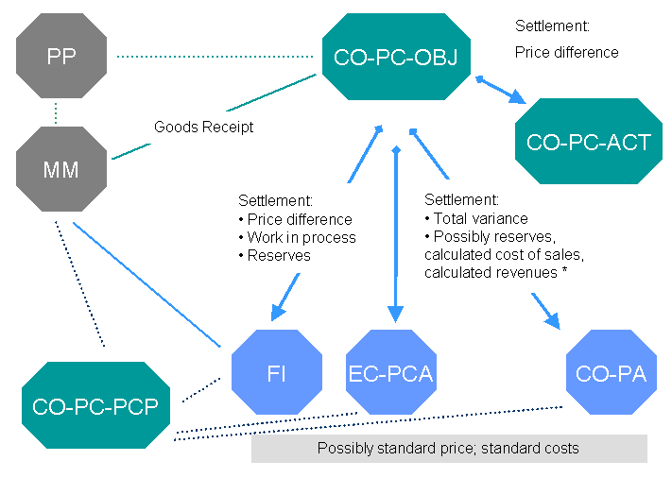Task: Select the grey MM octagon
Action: coord(60,171)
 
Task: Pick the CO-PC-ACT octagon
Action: coord(589,144)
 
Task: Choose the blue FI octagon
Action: coord(277,374)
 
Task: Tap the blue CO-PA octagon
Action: coord(611,374)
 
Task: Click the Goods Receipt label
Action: coord(203,127)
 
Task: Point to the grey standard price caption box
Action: coord(449,449)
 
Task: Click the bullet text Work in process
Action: coord(301,238)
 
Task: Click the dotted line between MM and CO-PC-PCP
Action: coord(80,283)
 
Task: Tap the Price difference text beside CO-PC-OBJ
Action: coord(567,53)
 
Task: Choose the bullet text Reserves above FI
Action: coord(279,256)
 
